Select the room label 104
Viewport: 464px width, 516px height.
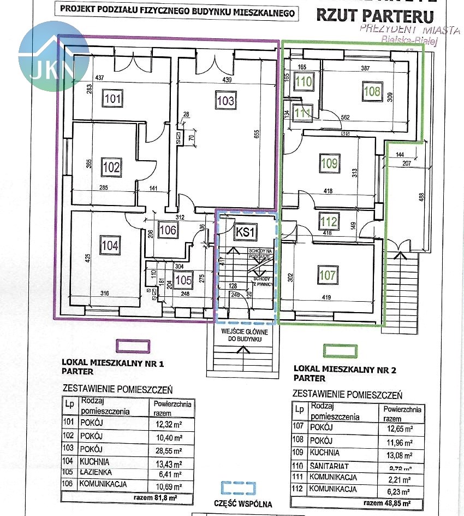click(x=110, y=245)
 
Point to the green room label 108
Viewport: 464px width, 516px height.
click(x=372, y=91)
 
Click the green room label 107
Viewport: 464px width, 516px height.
click(x=328, y=275)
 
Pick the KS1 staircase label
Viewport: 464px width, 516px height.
click(x=245, y=232)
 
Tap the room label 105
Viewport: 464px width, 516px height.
click(x=184, y=280)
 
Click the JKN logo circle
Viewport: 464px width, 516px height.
click(x=53, y=56)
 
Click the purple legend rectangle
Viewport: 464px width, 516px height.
click(x=134, y=347)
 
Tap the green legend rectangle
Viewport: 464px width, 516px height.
click(x=341, y=351)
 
